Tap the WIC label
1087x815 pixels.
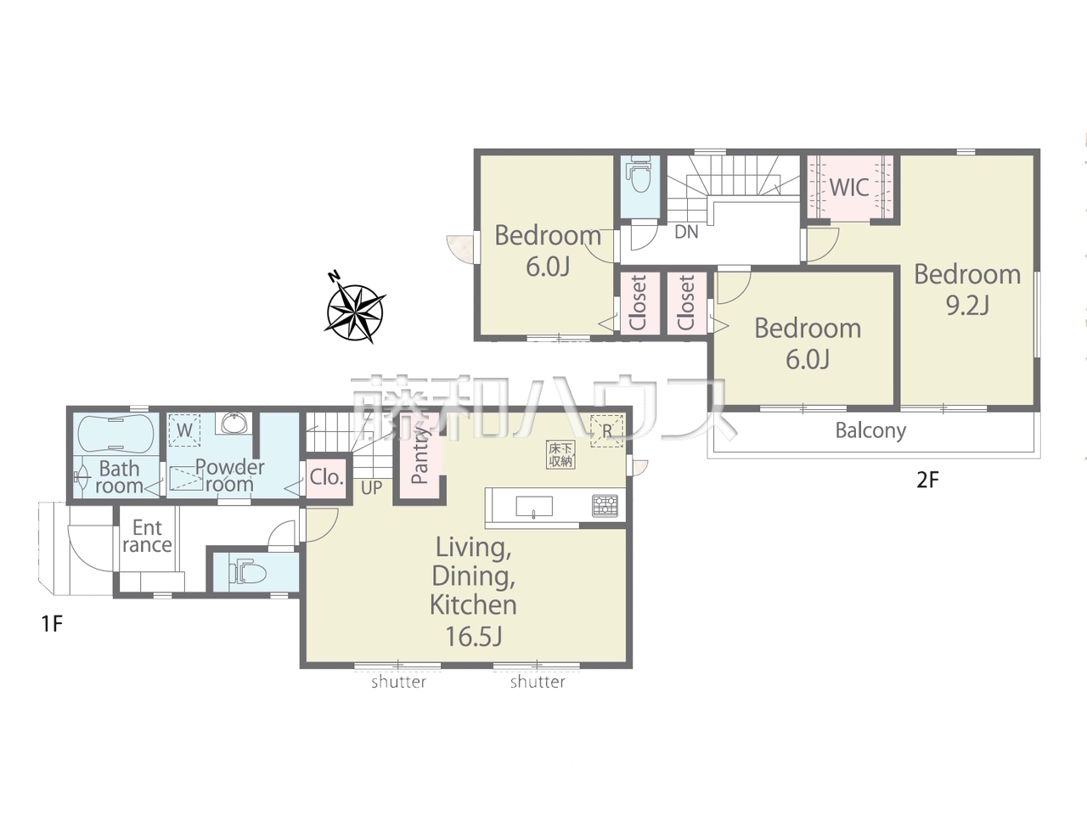click(849, 188)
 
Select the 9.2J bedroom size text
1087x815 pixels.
click(967, 306)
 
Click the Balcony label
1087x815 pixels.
click(870, 430)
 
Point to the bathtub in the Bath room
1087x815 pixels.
click(115, 434)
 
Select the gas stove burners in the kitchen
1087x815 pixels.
click(605, 506)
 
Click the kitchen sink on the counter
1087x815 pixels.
click(534, 507)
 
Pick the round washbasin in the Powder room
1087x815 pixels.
click(234, 424)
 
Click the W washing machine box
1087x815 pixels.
click(184, 430)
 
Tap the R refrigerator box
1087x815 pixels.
click(606, 431)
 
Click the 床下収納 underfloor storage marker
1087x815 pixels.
click(560, 455)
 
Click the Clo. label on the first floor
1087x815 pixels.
click(327, 477)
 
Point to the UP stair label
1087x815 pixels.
click(371, 488)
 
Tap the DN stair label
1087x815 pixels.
click(686, 232)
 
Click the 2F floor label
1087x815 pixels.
click(927, 480)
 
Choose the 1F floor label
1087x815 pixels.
click(52, 624)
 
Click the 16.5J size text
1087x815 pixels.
click(474, 637)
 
